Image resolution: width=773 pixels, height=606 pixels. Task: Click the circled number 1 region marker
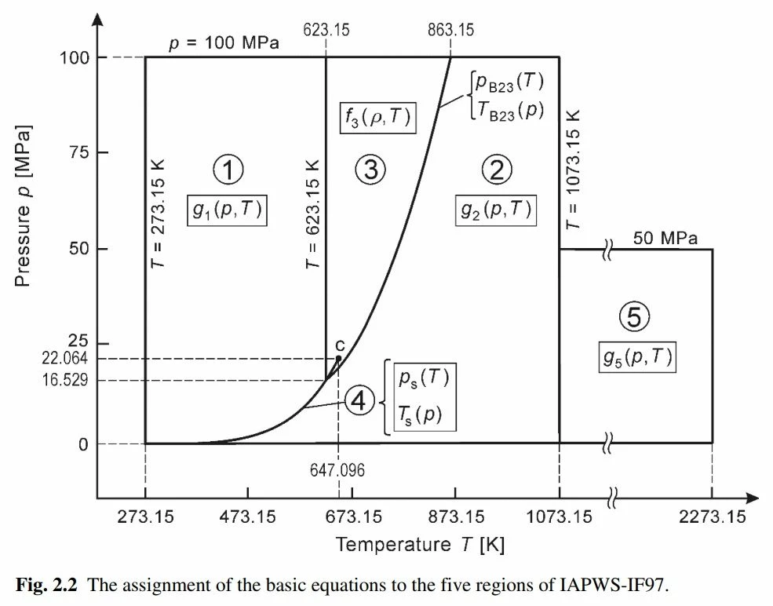tap(228, 170)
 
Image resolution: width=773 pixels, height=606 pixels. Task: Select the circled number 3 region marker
tap(370, 170)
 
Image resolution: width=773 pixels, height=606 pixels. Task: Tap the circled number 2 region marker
tap(496, 170)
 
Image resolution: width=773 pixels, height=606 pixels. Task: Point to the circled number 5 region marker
tap(634, 317)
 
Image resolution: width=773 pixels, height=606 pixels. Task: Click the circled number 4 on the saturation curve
tap(359, 402)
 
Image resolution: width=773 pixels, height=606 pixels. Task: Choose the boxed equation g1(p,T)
tap(228, 210)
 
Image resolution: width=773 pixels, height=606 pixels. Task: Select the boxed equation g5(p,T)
tap(637, 357)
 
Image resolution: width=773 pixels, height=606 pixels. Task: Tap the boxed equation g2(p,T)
tap(496, 210)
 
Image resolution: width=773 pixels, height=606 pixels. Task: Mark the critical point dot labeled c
tap(338, 358)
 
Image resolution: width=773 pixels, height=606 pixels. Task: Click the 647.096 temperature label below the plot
tap(338, 470)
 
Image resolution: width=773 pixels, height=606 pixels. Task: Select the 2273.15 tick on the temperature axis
tap(713, 517)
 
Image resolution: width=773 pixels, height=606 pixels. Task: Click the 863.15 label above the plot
tap(451, 31)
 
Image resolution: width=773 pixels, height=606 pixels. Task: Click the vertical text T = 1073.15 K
tap(574, 167)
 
